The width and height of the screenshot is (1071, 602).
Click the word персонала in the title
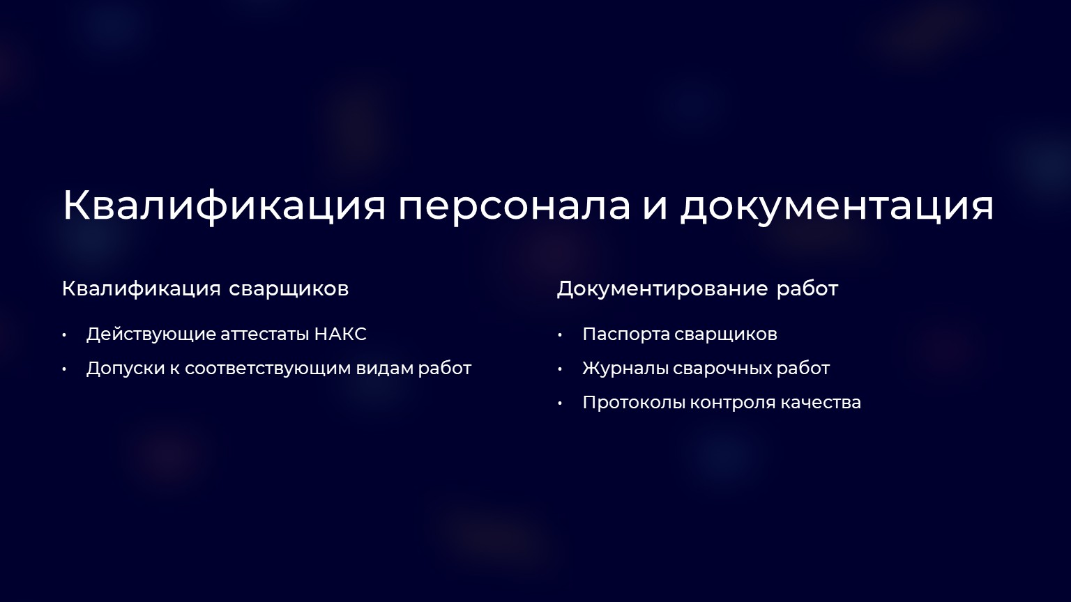(514, 206)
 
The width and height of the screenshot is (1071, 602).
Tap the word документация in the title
(837, 206)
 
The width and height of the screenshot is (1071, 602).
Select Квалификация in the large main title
(224, 205)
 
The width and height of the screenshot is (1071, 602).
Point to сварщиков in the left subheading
(289, 289)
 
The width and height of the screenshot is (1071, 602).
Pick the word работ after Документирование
(807, 289)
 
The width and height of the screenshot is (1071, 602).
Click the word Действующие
(151, 334)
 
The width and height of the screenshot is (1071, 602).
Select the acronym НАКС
(340, 334)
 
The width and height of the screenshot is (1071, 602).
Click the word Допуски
(126, 369)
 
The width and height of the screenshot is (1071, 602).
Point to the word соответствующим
(268, 369)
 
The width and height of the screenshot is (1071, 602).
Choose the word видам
(385, 369)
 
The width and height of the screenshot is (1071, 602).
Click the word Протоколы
(634, 403)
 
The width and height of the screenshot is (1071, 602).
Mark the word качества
(821, 403)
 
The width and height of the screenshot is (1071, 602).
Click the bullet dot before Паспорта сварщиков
(559, 335)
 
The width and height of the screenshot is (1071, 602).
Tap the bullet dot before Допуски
(64, 370)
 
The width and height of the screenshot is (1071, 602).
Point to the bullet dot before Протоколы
(559, 404)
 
